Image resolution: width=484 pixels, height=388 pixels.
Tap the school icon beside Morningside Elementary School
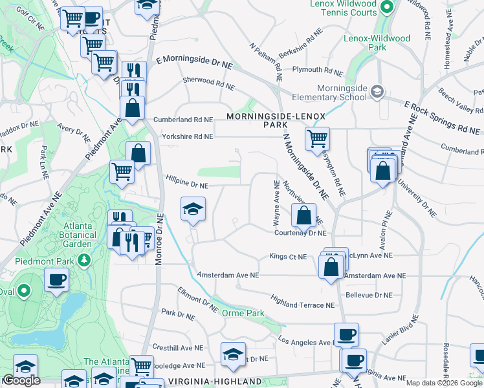click(x=377, y=92)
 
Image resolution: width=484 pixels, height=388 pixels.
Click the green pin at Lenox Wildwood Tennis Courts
click(x=387, y=8)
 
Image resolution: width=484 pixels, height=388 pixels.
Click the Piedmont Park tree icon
click(x=83, y=260)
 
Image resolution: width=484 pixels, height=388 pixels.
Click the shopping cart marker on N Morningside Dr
click(x=317, y=137)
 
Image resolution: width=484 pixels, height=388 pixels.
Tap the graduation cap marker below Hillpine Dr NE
click(x=192, y=209)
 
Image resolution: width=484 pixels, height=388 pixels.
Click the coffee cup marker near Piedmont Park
click(x=56, y=280)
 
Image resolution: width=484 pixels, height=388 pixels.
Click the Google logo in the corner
click(x=21, y=380)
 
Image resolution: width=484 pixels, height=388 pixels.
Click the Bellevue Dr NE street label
click(x=369, y=295)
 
